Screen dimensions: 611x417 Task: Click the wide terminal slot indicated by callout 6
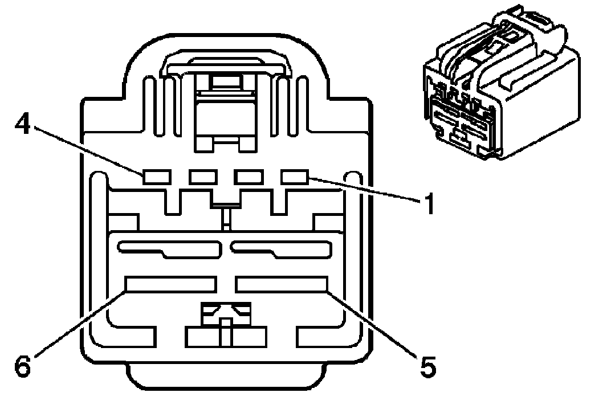[x=171, y=284]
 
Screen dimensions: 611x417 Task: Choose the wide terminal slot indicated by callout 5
[x=282, y=284]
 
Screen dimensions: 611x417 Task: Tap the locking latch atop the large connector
[x=225, y=66]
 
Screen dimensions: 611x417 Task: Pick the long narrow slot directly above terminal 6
[x=169, y=248]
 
